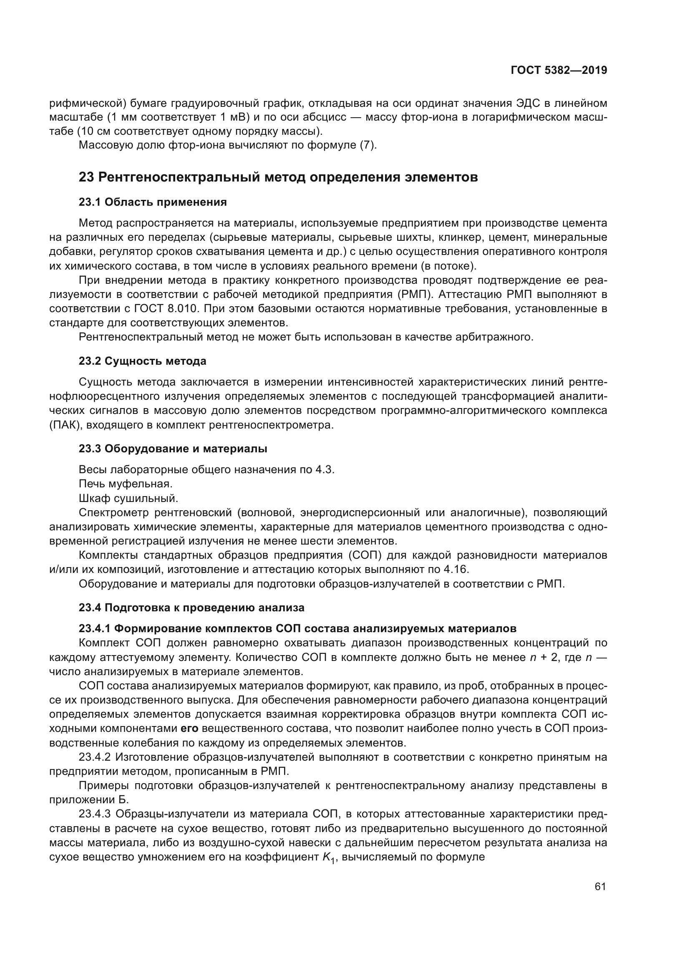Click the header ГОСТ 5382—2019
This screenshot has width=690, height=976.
tap(559, 71)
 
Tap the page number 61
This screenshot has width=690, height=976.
tap(600, 886)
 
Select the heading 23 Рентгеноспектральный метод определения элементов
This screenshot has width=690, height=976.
tap(278, 177)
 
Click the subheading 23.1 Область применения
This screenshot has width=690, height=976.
tap(153, 202)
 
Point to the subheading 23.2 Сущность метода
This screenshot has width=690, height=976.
tap(142, 361)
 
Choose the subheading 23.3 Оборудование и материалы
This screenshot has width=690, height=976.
tap(173, 449)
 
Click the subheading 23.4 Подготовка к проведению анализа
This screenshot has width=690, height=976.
tap(191, 608)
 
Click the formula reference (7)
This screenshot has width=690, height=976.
tap(368, 145)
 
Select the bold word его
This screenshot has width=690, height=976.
tap(189, 729)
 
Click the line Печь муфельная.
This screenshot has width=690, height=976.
tap(126, 484)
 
